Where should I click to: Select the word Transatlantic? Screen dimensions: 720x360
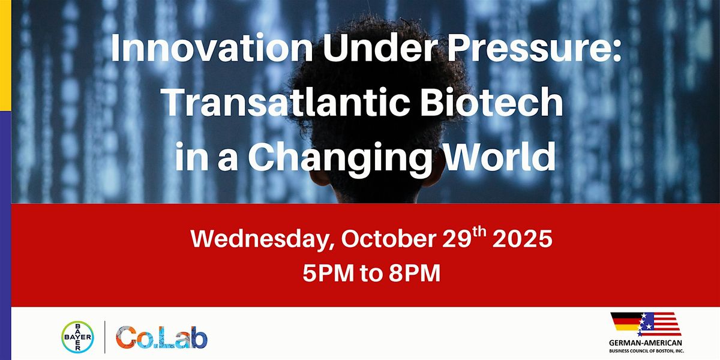(287, 101)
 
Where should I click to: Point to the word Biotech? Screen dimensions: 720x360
(492, 101)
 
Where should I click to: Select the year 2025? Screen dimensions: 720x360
(523, 239)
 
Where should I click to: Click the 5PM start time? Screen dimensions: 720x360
(328, 273)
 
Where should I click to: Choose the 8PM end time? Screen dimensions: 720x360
(415, 273)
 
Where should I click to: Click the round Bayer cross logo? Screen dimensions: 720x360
(77, 337)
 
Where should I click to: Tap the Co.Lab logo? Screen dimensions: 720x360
(161, 337)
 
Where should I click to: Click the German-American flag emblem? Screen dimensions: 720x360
(646, 324)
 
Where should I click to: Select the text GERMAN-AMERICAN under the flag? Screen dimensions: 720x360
(646, 343)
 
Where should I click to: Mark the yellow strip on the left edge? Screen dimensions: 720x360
(5, 55)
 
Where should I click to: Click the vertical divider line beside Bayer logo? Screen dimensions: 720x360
(105, 337)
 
